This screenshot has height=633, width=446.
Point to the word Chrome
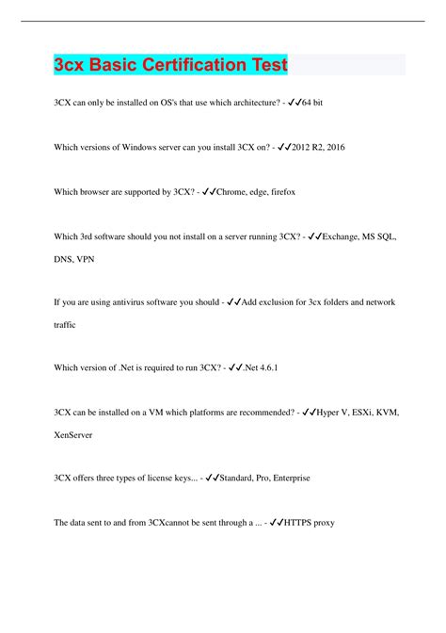coord(232,191)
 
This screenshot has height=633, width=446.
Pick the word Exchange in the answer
coord(343,238)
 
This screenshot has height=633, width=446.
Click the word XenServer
coord(79,437)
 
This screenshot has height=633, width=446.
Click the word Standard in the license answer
coord(243,478)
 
